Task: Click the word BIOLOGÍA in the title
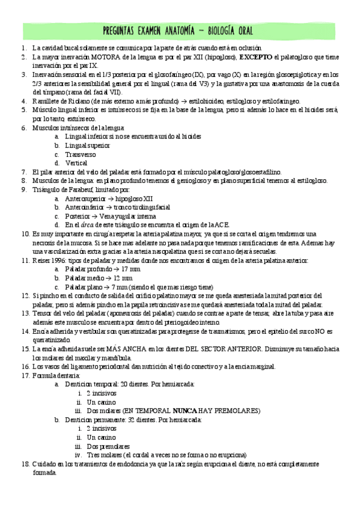(x=225, y=31)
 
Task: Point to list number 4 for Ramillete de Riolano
(x=23, y=101)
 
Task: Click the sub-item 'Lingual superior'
(x=87, y=145)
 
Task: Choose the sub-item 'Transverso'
(x=82, y=154)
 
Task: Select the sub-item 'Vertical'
(x=77, y=163)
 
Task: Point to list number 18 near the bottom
(x=25, y=464)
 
